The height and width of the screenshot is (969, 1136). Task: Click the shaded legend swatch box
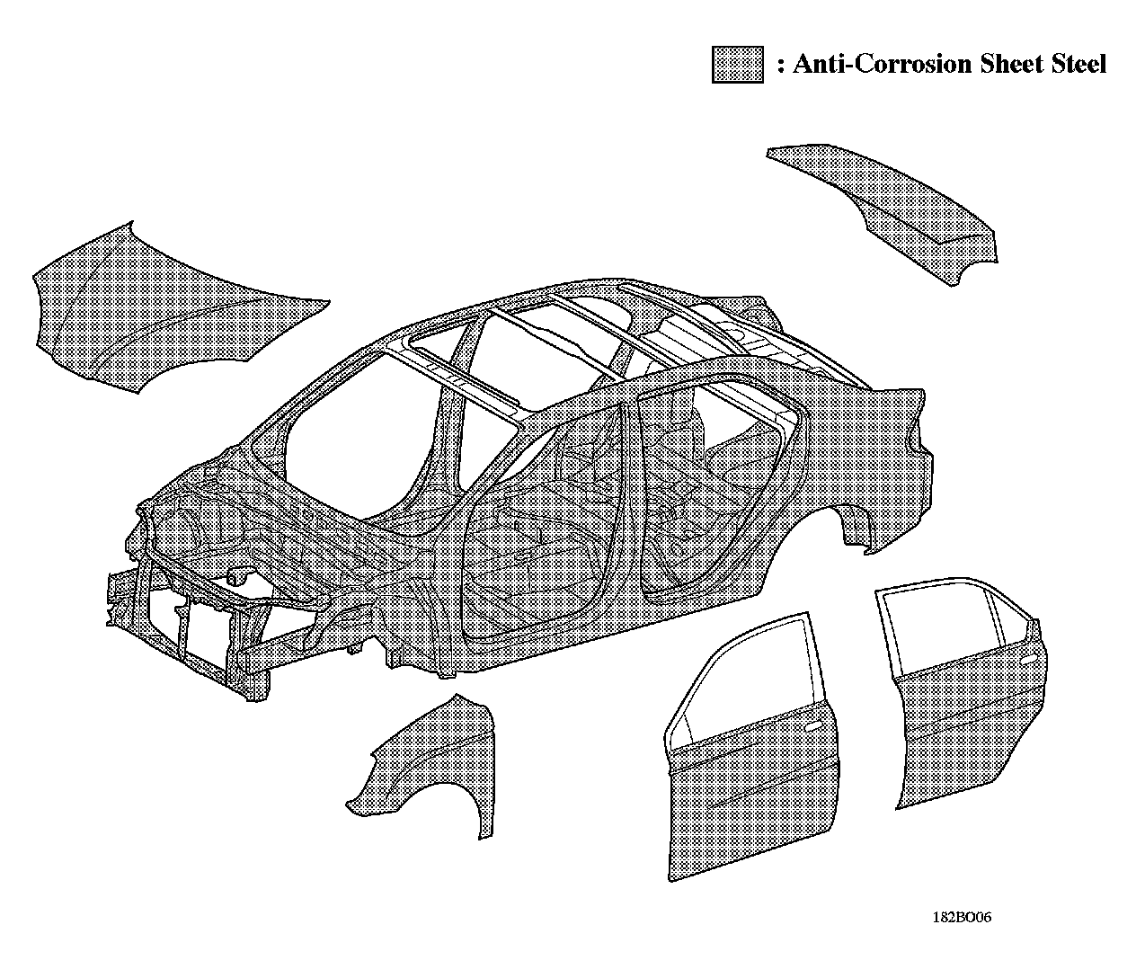coord(737,65)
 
